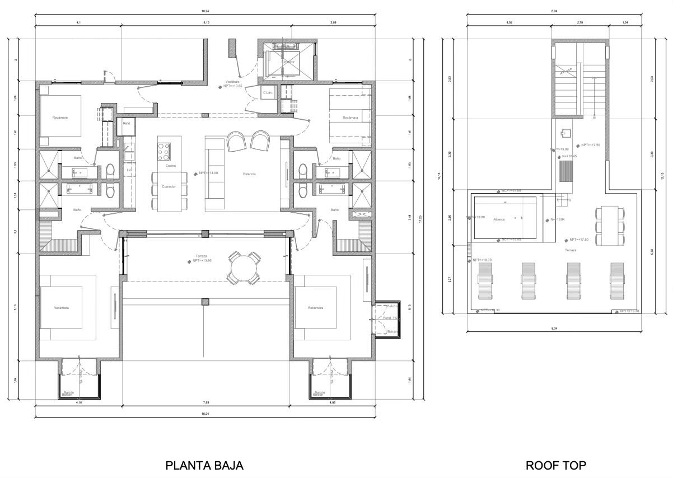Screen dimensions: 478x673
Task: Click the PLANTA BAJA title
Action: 204,465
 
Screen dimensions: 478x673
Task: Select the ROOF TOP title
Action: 556,465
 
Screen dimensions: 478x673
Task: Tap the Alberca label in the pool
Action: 499,219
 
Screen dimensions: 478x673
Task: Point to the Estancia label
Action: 249,174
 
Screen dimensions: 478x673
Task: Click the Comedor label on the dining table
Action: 169,186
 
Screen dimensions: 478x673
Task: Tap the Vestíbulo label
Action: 232,82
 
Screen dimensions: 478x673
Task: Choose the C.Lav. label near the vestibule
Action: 268,92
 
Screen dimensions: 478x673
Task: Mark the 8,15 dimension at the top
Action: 205,22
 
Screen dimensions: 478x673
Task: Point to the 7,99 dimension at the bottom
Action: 205,402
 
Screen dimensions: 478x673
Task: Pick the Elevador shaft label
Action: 287,62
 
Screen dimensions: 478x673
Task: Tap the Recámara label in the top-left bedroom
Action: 60,118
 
